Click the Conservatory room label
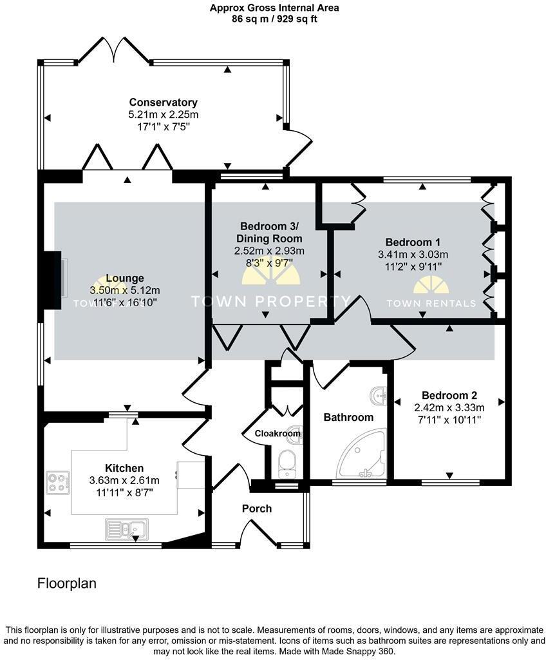(x=163, y=102)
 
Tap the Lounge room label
(x=125, y=278)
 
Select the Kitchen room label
(x=124, y=468)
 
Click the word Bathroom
(x=348, y=417)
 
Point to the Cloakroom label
(x=278, y=434)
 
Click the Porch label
(x=257, y=509)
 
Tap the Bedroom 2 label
(x=449, y=396)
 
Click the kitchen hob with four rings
(x=57, y=483)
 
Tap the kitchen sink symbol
(x=126, y=529)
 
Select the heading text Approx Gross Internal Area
(x=274, y=8)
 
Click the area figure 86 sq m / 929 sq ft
(x=274, y=19)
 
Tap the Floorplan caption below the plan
(x=66, y=584)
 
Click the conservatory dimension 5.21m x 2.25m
(x=163, y=115)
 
